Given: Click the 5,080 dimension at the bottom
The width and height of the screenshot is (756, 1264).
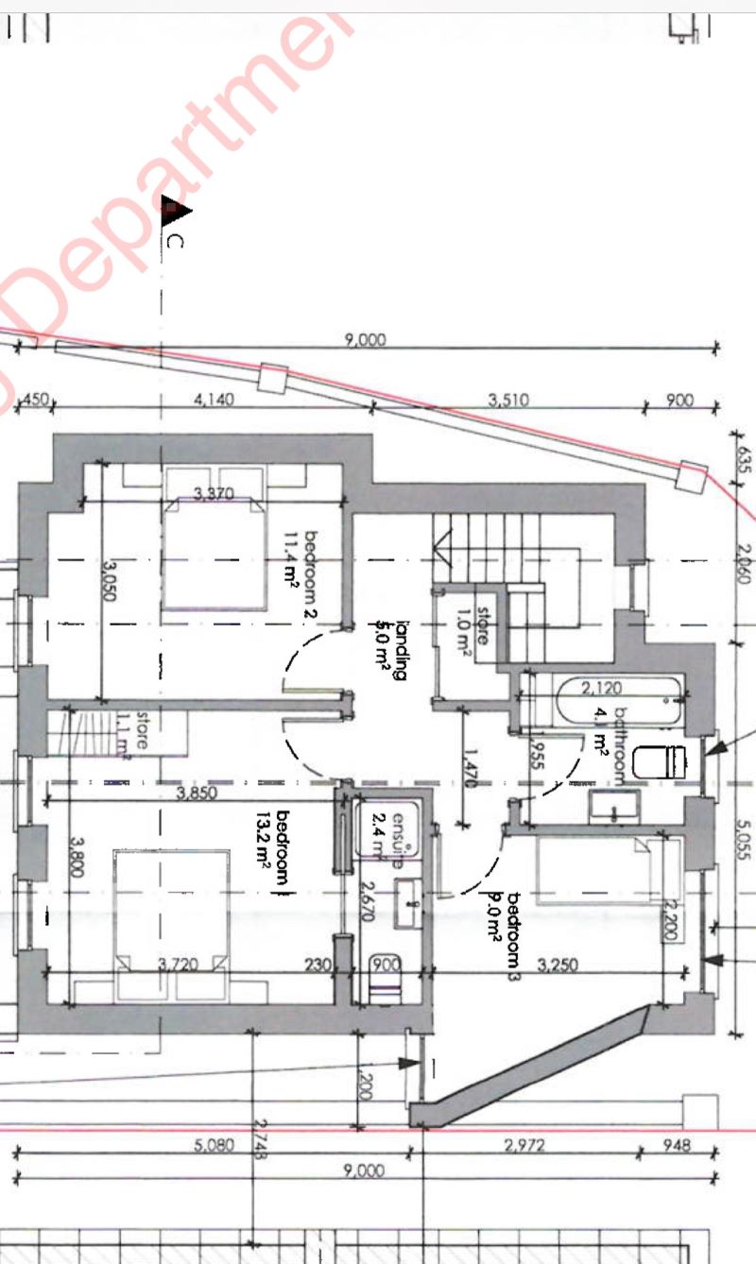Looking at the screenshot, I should pyautogui.click(x=214, y=1146).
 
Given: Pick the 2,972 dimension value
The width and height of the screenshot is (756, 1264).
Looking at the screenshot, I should pyautogui.click(x=524, y=1146).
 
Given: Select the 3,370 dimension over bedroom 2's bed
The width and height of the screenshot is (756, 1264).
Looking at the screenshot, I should pyautogui.click(x=214, y=493).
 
